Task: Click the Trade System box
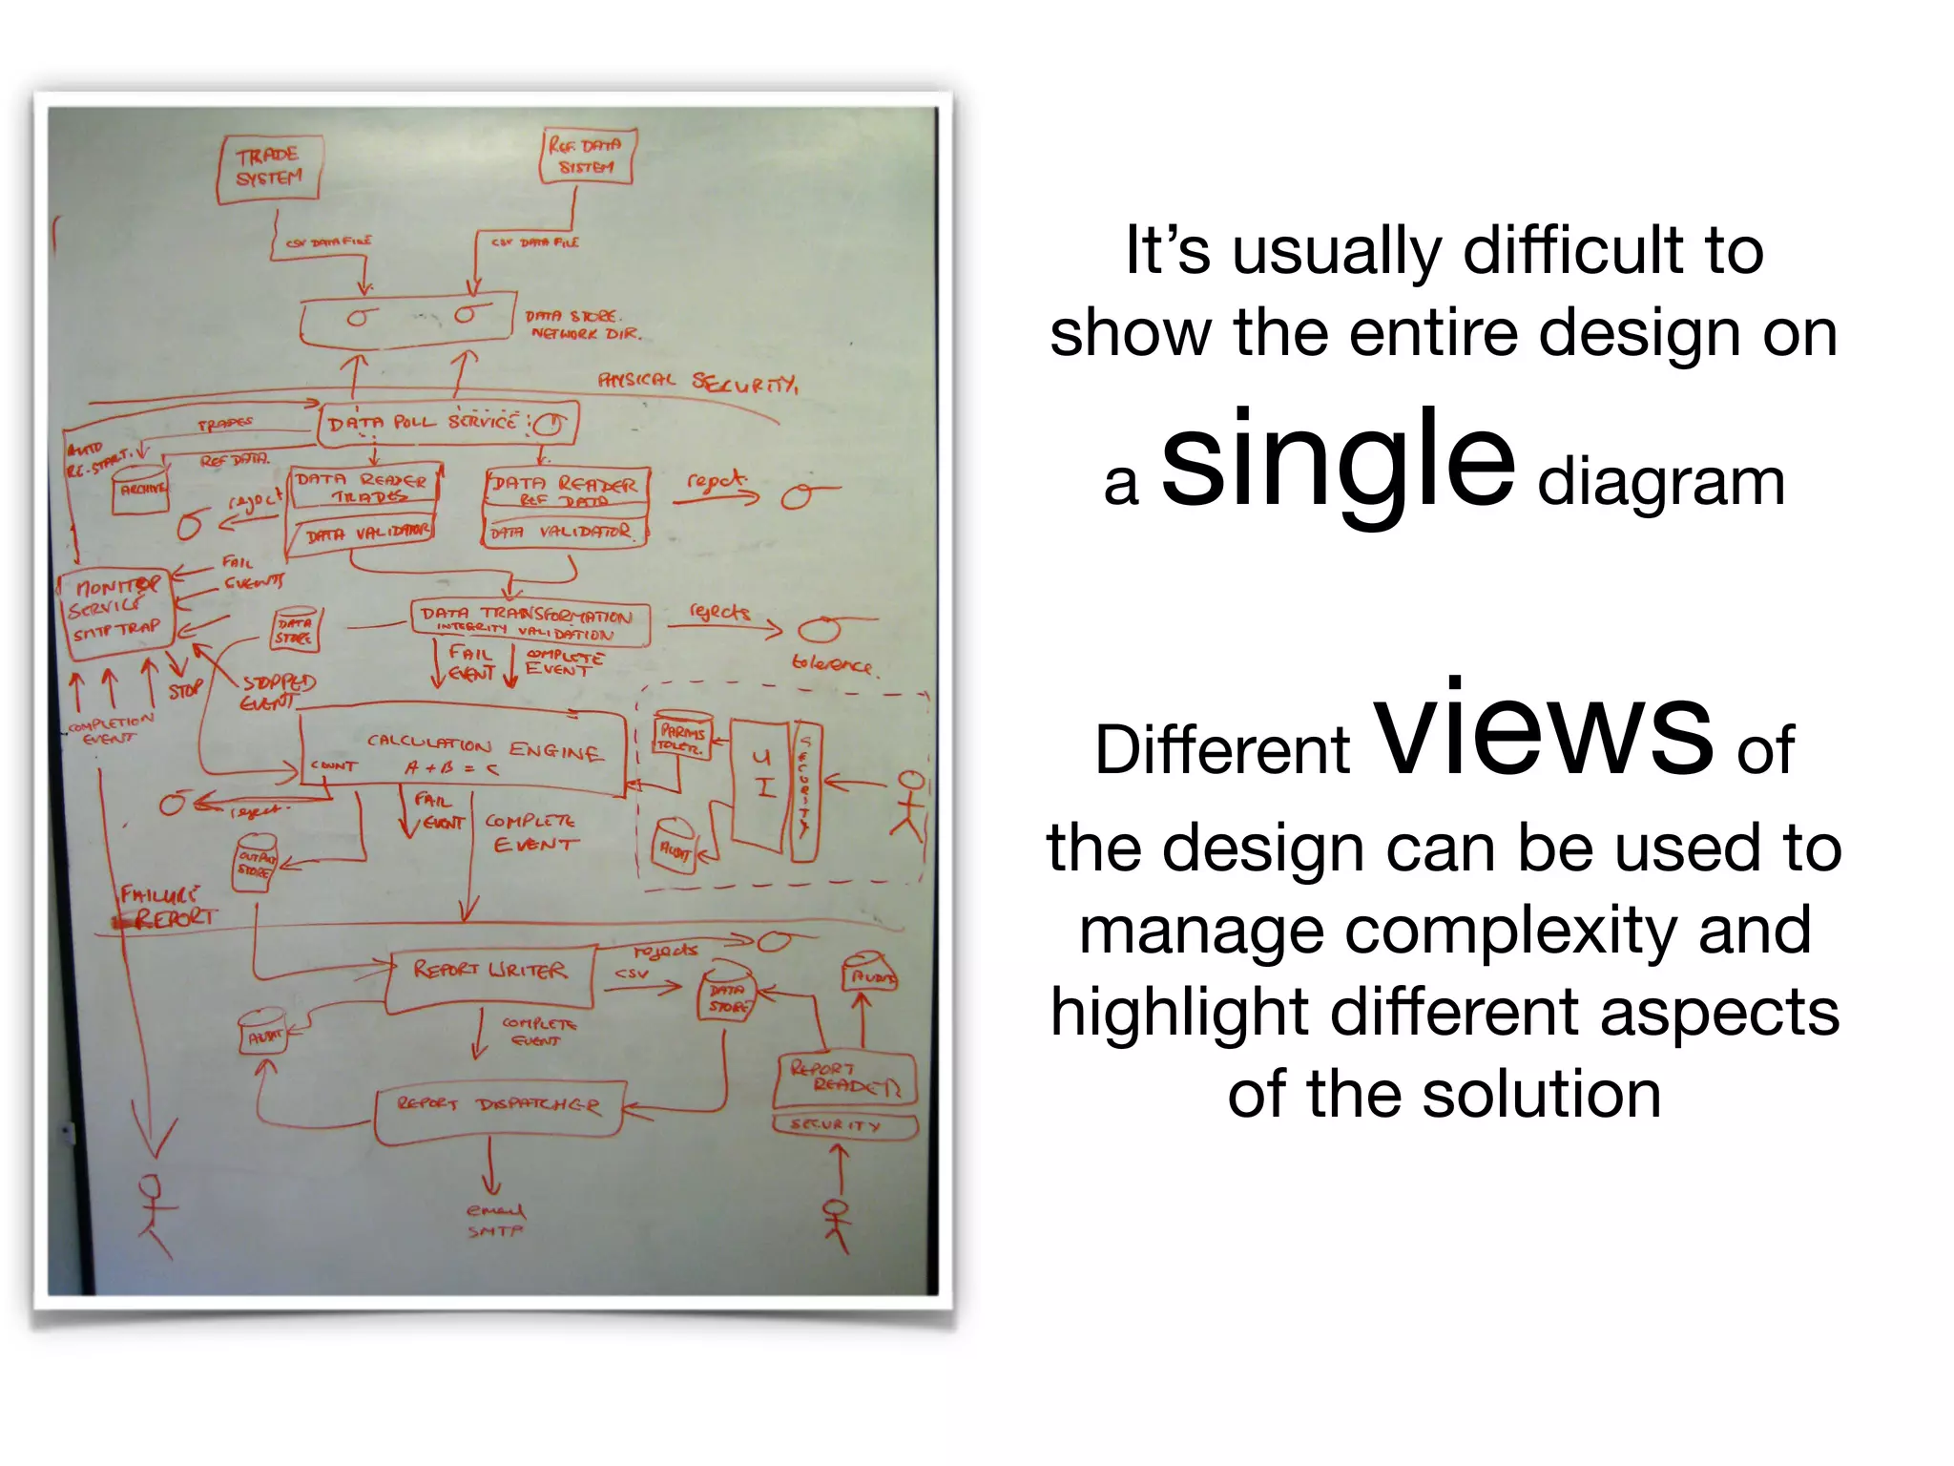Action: pos(268,168)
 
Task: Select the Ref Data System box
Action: pos(585,156)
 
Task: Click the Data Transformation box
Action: pos(530,622)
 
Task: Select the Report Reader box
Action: pos(843,1079)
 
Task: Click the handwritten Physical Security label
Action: pos(697,382)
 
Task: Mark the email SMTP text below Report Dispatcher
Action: pos(495,1221)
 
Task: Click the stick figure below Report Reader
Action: pos(837,1225)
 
